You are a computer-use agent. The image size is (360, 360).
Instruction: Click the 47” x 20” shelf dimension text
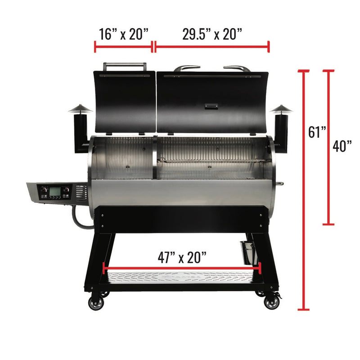click(182, 257)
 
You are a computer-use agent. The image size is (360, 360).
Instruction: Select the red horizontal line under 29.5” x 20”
click(212, 46)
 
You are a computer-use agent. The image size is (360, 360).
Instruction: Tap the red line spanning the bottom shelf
click(182, 268)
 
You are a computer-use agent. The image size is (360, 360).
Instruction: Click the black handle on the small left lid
click(126, 66)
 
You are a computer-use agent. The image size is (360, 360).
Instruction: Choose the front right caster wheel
click(271, 302)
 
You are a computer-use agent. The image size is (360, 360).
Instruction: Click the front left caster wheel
click(96, 302)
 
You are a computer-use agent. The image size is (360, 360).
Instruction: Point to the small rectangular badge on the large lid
click(211, 106)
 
